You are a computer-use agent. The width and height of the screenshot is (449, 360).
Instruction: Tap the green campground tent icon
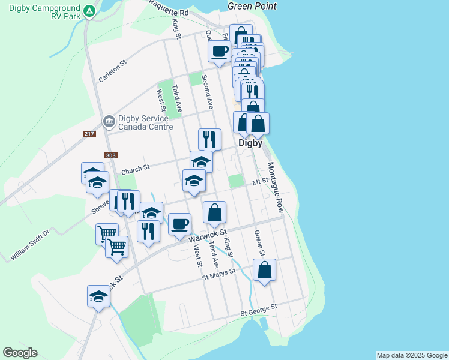pos(89,11)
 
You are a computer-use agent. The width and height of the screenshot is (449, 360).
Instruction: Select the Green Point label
pos(252,6)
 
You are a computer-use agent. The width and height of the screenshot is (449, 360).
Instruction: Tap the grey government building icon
pos(109,122)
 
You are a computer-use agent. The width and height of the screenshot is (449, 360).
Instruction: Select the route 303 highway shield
pos(110,155)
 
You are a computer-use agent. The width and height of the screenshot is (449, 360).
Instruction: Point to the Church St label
pos(135,171)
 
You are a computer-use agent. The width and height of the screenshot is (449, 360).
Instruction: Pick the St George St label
pos(259,311)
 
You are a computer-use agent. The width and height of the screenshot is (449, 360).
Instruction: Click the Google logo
pos(20,353)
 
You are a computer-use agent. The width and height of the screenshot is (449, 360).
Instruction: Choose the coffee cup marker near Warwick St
pos(179,224)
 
